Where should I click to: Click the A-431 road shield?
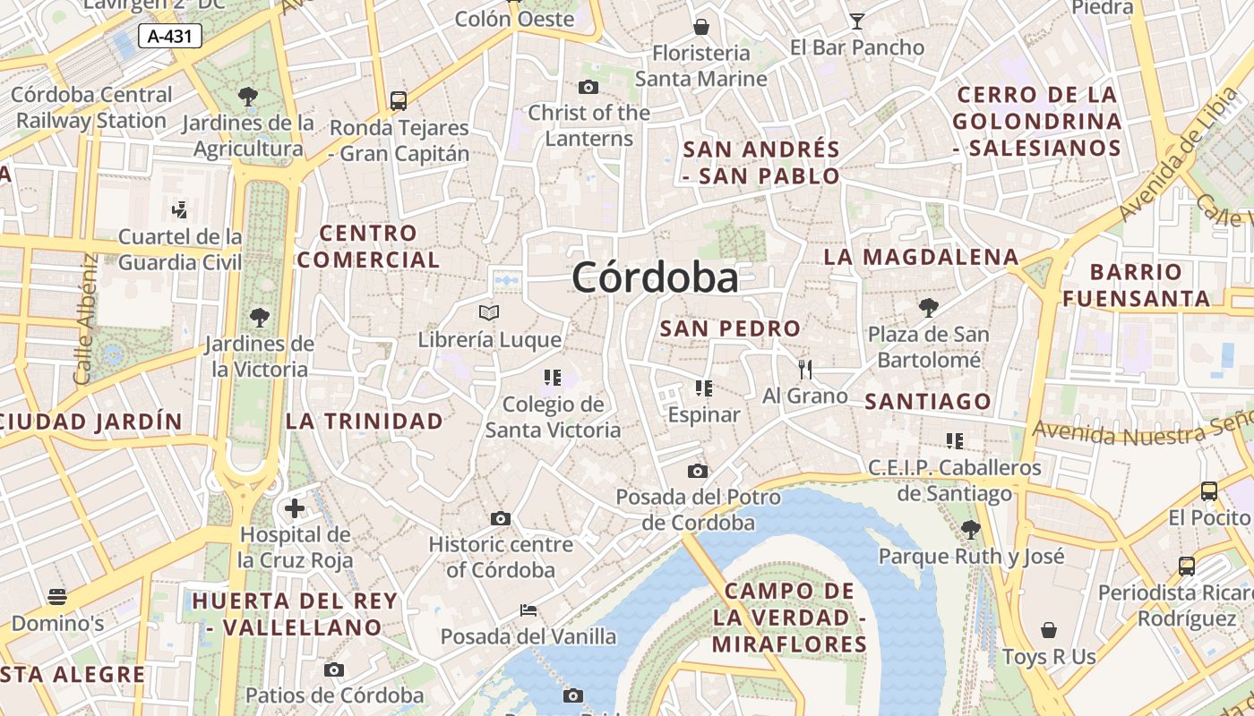[170, 36]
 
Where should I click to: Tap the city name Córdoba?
[656, 277]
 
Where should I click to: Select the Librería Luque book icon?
[489, 312]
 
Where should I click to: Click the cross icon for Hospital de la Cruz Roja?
[295, 508]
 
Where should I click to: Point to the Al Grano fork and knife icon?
[804, 369]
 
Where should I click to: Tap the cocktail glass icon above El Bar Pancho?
[857, 21]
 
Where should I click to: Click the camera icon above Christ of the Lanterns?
[588, 87]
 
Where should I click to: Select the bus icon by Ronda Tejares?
[399, 100]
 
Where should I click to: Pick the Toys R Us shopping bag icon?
[1049, 630]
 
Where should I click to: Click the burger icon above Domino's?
[57, 596]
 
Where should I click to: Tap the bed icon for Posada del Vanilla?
[528, 610]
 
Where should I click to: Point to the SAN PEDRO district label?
[730, 328]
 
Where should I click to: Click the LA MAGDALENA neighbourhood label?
[921, 257]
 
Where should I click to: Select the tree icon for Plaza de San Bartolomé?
[929, 308]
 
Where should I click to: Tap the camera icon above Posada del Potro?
[698, 471]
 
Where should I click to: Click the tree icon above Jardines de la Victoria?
[260, 316]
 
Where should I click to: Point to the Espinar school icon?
[703, 388]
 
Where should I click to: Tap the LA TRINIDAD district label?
[365, 421]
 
